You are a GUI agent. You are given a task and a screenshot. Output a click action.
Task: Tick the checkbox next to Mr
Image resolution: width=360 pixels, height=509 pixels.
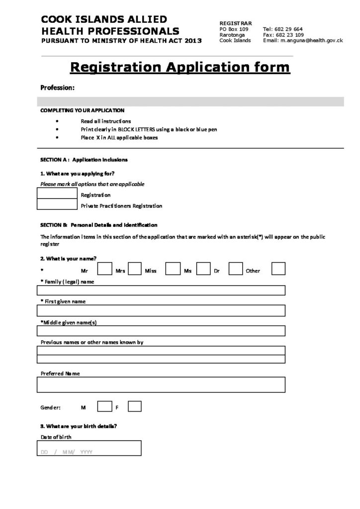coord(104,269)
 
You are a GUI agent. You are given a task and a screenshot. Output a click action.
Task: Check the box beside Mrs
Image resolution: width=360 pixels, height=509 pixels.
coord(135,269)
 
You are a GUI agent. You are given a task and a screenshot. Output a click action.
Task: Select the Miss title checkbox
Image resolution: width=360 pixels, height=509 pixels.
coord(172,269)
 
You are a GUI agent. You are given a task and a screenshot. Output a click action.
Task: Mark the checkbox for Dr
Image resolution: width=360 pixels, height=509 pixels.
coord(235,269)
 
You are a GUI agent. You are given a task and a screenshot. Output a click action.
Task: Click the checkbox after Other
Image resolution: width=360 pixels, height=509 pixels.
coord(278,269)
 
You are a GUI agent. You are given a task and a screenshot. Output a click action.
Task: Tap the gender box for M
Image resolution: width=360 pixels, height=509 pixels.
coord(104,406)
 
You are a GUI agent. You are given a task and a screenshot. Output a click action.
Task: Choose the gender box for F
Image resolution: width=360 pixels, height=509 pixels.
coord(135,406)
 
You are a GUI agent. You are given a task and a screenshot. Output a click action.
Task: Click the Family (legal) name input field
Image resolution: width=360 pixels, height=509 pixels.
coord(161,290)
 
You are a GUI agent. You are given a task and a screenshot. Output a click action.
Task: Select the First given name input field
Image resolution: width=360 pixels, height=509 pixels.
coord(161,311)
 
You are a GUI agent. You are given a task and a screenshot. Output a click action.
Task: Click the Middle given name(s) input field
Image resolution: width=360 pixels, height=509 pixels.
coord(161,331)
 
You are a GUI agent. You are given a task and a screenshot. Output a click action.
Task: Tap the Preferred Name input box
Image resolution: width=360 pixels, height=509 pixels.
coord(161,384)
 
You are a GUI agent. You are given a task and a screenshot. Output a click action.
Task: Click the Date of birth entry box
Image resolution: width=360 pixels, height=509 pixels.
coord(89,448)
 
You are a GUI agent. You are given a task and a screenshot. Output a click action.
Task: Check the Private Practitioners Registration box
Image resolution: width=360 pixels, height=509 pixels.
coord(57,204)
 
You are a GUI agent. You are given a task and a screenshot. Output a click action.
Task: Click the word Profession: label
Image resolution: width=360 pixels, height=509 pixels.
coord(58,87)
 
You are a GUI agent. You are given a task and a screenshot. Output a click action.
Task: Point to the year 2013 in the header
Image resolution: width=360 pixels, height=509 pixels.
coord(191,41)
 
